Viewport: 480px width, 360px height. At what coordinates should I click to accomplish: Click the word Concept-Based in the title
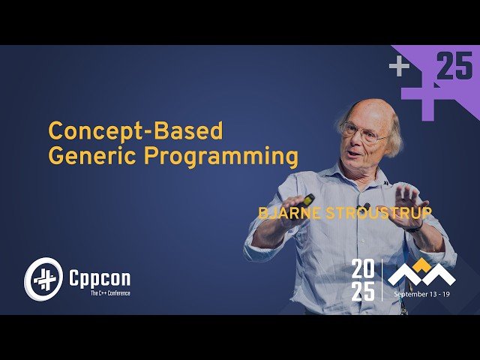[x=136, y=130]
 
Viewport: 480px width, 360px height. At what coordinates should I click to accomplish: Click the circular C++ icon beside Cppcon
[x=42, y=278]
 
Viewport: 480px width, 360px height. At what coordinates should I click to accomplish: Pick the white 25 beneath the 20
[x=364, y=292]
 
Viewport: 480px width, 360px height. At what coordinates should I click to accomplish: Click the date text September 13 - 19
[x=424, y=295]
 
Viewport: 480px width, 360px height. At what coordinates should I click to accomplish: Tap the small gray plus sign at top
[x=399, y=67]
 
